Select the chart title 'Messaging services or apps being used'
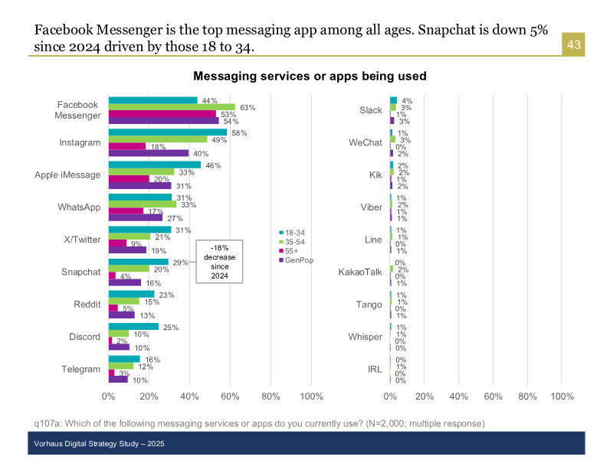tap(310, 77)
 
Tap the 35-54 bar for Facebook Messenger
tap(172, 107)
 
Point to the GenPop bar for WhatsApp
tap(136, 217)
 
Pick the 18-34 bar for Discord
tap(133, 327)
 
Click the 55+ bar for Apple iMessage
tap(129, 178)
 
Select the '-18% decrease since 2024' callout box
tap(220, 261)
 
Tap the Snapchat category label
tap(80, 272)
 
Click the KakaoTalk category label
tap(360, 272)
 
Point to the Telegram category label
tap(80, 369)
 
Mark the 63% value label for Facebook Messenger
tap(247, 107)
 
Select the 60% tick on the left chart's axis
tap(230, 396)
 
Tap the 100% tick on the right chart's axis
tap(562, 396)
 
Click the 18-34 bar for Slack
tap(393, 100)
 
